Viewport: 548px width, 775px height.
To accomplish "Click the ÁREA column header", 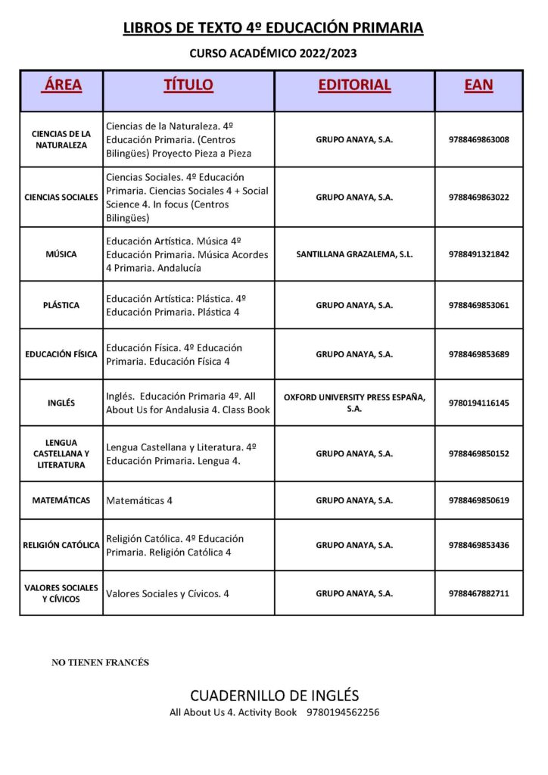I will (62, 85).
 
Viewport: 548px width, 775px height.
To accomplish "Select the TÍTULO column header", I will (188, 85).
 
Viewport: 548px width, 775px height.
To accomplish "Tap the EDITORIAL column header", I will (354, 85).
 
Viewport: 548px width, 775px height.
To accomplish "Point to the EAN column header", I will (478, 85).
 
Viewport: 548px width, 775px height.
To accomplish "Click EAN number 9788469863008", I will (478, 140).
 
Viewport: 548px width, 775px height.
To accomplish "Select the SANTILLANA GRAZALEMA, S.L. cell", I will (354, 254).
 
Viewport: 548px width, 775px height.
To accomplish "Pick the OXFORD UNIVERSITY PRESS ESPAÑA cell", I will (354, 403).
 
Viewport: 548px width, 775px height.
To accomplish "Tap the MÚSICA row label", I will (61, 254).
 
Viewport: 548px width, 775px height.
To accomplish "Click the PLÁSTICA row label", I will (61, 305).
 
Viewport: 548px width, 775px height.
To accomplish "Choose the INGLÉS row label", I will (61, 403).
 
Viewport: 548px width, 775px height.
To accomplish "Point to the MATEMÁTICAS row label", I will (61, 500).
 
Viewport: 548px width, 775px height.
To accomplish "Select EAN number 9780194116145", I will (478, 403).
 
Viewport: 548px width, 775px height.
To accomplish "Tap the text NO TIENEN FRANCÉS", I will (100, 663).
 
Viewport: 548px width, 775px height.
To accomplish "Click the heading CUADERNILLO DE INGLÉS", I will (274, 696).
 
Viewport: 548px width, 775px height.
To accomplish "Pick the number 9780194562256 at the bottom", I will (343, 713).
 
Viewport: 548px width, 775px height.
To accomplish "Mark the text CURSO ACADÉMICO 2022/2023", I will (273, 54).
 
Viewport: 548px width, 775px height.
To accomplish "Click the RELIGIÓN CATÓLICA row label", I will (61, 545).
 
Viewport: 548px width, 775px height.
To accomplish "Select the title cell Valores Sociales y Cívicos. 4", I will (167, 594).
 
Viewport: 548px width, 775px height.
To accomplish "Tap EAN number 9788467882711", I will (478, 594).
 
